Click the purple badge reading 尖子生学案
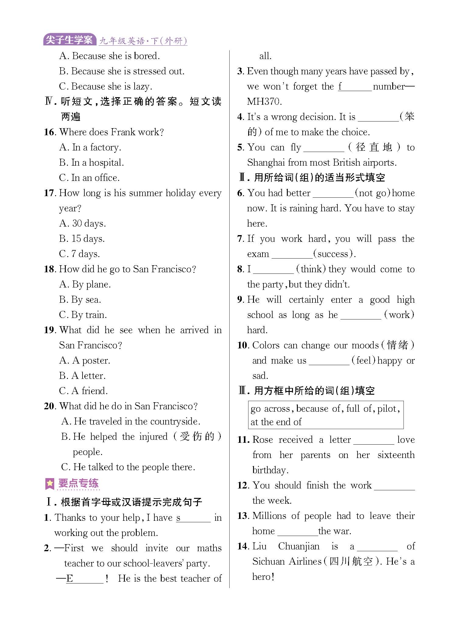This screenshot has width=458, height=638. pyautogui.click(x=69, y=40)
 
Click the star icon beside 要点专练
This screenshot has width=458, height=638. pyautogui.click(x=49, y=484)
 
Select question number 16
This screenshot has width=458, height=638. pyautogui.click(x=50, y=132)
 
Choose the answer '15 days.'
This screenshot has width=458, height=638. pyautogui.click(x=88, y=239)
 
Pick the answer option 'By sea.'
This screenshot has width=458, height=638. pyautogui.click(x=86, y=300)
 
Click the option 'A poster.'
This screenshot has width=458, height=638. pyautogui.click(x=91, y=361)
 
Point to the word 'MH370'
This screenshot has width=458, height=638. pyautogui.click(x=264, y=102)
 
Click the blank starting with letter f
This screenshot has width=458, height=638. pyautogui.click(x=355, y=87)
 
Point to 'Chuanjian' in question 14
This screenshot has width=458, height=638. pyautogui.click(x=299, y=546)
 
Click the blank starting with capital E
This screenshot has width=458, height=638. pyautogui.click(x=85, y=579)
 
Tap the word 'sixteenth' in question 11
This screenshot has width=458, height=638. pyautogui.click(x=396, y=455)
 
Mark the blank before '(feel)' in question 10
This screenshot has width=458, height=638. pyautogui.click(x=329, y=361)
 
